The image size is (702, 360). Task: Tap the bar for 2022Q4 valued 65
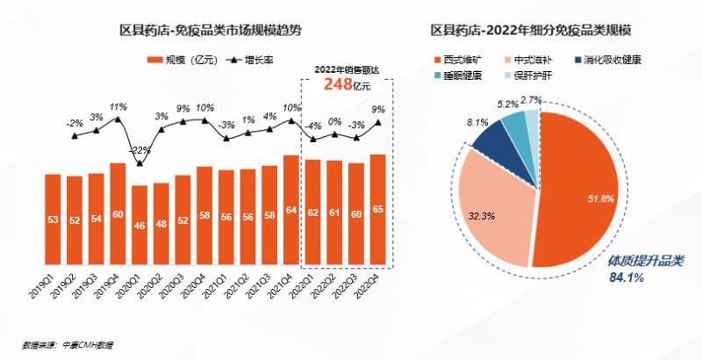pos(377,211)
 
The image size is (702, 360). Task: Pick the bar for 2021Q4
pos(290,212)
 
